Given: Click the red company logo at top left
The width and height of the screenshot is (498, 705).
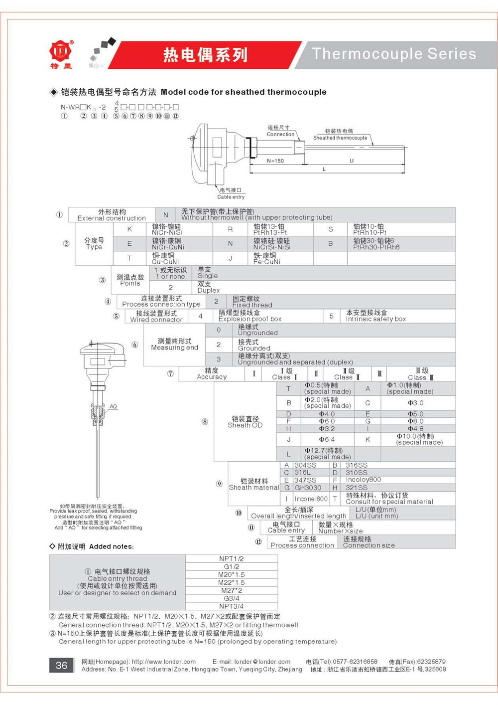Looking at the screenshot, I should pos(61,51).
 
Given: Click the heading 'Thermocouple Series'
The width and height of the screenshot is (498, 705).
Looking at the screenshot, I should pos(394,54).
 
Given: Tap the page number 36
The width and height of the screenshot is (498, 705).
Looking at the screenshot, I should pos(61,665).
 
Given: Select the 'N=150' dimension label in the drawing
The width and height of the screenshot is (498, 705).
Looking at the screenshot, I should pos(275,161).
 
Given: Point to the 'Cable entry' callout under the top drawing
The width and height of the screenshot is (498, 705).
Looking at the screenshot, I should pos(231,193).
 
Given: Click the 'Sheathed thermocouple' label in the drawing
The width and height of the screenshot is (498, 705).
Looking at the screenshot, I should pos(340,135).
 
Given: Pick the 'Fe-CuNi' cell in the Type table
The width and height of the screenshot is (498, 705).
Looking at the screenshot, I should pos(266,258).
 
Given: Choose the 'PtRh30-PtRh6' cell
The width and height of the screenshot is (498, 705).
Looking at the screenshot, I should pos(376,244).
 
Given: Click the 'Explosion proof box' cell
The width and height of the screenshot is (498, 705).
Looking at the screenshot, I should pos(249,316).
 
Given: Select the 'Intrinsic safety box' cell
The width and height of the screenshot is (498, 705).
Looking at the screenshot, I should pos(375,316).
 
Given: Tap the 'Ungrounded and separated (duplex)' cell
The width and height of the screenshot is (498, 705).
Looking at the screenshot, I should pos(295,359).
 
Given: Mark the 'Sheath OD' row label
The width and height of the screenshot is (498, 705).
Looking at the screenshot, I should pos(245,422).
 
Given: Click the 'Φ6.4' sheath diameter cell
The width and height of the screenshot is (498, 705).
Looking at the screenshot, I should pos(327,439).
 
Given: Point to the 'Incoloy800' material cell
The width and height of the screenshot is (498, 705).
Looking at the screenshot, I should pos(363,480).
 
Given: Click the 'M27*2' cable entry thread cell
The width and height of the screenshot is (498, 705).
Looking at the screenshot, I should pos(231,590).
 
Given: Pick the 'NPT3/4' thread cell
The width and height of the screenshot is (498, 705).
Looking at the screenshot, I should pos(231,606).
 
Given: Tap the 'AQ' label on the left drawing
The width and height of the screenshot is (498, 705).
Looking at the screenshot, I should pos(113,406).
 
